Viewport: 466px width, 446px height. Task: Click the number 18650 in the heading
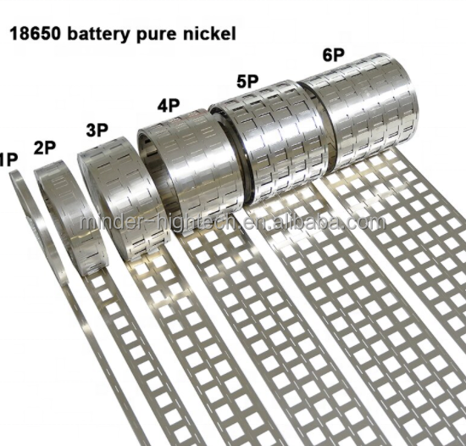pos(35,33)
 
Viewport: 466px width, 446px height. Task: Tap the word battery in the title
pos(99,34)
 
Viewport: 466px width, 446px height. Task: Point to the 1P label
pos(8,159)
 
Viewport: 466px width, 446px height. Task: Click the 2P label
pos(45,148)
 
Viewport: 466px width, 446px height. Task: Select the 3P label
pos(97,130)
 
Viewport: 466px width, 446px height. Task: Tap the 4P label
pos(169,105)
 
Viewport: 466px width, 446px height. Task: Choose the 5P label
pos(247,81)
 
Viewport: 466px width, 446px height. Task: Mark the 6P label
pos(334,55)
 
